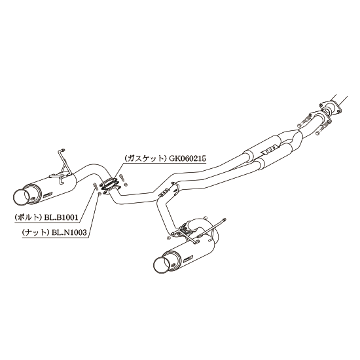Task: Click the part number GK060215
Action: click(x=187, y=158)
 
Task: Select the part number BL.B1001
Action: click(x=61, y=217)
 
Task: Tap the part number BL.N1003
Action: click(x=69, y=232)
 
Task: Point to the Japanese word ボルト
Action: click(x=29, y=217)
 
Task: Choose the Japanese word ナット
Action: click(x=36, y=232)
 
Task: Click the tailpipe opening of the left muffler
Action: click(x=22, y=196)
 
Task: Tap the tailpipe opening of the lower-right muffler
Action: click(x=161, y=265)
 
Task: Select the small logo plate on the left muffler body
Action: click(x=48, y=194)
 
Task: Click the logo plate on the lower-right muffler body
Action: click(x=188, y=259)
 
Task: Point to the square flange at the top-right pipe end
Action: click(x=330, y=108)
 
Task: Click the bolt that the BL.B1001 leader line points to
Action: click(x=94, y=185)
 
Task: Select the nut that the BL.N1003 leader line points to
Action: click(x=99, y=194)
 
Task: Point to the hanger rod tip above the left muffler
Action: click(x=63, y=150)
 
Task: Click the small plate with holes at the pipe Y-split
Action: click(x=164, y=192)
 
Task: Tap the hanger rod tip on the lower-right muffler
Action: click(x=225, y=220)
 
